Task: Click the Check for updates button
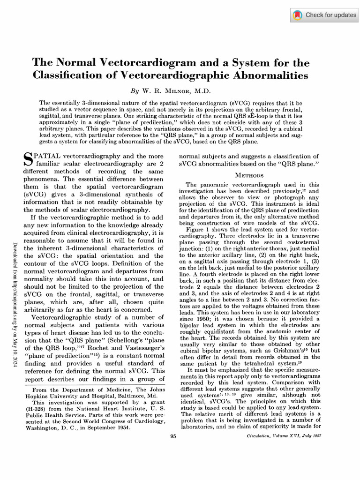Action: (x=324, y=15)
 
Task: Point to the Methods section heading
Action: (x=249, y=175)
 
